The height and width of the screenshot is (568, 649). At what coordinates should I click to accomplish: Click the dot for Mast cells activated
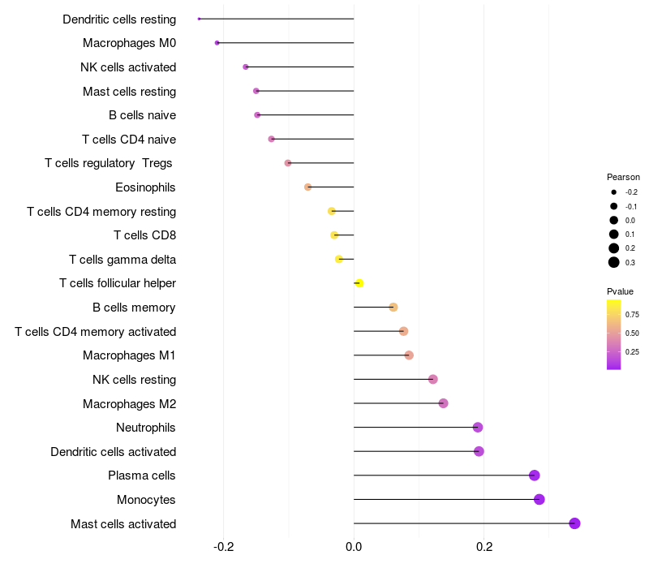click(574, 523)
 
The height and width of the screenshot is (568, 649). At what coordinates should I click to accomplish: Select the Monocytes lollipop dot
click(539, 499)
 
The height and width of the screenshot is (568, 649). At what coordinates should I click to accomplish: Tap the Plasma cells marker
click(534, 475)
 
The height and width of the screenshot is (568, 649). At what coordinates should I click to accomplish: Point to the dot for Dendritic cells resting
click(199, 19)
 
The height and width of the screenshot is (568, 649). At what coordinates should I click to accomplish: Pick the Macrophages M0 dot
click(217, 43)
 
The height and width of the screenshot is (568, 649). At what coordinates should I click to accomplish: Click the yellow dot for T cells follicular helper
click(359, 283)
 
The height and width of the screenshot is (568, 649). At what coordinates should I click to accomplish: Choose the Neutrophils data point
click(478, 428)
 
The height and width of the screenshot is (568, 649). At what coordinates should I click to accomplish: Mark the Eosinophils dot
click(307, 187)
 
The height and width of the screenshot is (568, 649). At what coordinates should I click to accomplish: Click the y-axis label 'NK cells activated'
click(128, 67)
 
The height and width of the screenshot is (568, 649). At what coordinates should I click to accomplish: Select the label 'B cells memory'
click(134, 308)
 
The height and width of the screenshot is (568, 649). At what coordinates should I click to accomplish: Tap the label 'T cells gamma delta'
click(122, 260)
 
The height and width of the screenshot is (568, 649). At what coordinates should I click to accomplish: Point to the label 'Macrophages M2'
click(129, 403)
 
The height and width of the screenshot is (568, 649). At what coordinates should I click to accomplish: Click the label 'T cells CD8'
click(144, 235)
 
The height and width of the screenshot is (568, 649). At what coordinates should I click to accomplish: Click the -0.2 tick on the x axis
click(224, 547)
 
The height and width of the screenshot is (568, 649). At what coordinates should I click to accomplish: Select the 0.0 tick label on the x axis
click(354, 547)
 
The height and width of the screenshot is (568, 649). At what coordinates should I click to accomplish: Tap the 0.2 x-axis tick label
click(484, 547)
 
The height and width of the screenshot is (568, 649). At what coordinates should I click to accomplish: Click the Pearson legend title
click(623, 177)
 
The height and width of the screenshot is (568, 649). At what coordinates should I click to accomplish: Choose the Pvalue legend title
click(620, 291)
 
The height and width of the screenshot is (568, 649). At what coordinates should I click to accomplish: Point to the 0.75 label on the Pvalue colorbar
click(632, 314)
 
